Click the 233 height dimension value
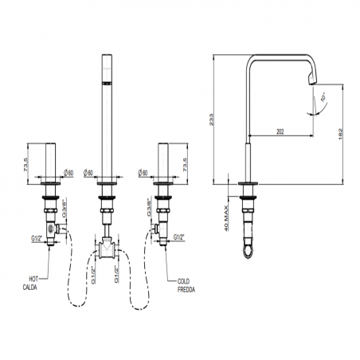pos(211,119)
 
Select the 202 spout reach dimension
pos(280,131)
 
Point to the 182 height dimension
pos(341,135)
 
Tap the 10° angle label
pos(323,97)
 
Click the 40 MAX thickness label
pos(226,218)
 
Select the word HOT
pos(33,279)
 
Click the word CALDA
pos(29,288)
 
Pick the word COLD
pos(183,281)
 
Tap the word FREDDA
pos(186,290)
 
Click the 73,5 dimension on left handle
pos(26,165)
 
